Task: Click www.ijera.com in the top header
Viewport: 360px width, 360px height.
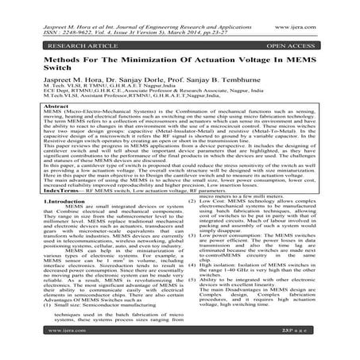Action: click(319, 10)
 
